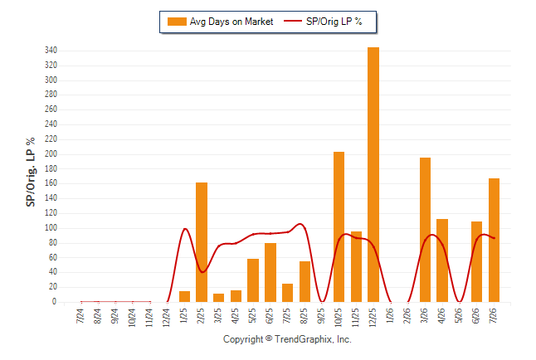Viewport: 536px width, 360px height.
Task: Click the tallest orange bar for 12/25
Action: tap(373, 174)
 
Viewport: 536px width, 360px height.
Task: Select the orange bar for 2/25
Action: tap(202, 242)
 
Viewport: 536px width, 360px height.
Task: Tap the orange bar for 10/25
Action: tap(339, 226)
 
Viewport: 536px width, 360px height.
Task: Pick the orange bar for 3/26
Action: tap(425, 230)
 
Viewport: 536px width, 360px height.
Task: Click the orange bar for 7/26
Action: tap(494, 240)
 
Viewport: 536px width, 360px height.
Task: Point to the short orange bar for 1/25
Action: tap(184, 296)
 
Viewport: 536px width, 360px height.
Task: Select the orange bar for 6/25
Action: tap(270, 272)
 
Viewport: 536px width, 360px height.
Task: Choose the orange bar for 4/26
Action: tap(442, 260)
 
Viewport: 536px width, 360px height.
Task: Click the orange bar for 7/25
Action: tap(287, 293)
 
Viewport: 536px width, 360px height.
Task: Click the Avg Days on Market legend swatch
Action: tap(177, 22)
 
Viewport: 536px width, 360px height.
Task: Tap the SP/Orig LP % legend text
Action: tap(334, 22)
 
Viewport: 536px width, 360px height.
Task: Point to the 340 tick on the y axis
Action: tap(51, 51)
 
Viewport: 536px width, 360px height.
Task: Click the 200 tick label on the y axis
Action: tap(51, 154)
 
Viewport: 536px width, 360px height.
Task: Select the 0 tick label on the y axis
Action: tap(55, 302)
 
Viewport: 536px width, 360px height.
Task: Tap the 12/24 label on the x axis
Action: tap(166, 317)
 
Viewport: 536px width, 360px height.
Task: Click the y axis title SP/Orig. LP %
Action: tap(31, 172)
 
